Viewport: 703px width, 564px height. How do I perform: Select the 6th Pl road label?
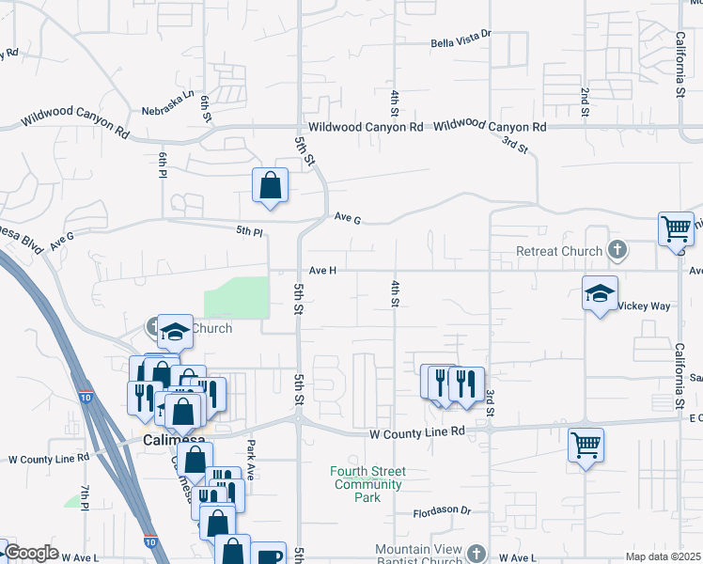coord(163,164)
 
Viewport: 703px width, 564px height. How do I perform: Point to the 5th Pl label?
coord(249,230)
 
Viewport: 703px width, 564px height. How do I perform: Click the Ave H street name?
coord(321,271)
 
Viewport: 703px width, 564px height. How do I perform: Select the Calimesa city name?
coord(168,440)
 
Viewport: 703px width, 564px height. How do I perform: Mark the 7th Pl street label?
coord(84,497)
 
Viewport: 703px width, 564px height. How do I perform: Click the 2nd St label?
coord(585,103)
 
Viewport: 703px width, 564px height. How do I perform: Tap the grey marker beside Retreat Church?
coord(617,251)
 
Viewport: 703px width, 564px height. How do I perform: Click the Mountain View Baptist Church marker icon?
coord(477,554)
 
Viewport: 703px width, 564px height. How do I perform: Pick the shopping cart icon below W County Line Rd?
coord(586,445)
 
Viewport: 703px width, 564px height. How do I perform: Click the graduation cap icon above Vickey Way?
coord(600,293)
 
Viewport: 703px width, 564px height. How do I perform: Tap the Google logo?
coord(31,553)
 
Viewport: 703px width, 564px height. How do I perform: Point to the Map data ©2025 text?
coord(663,556)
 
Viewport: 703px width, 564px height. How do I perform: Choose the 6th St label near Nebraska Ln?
coord(206,108)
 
